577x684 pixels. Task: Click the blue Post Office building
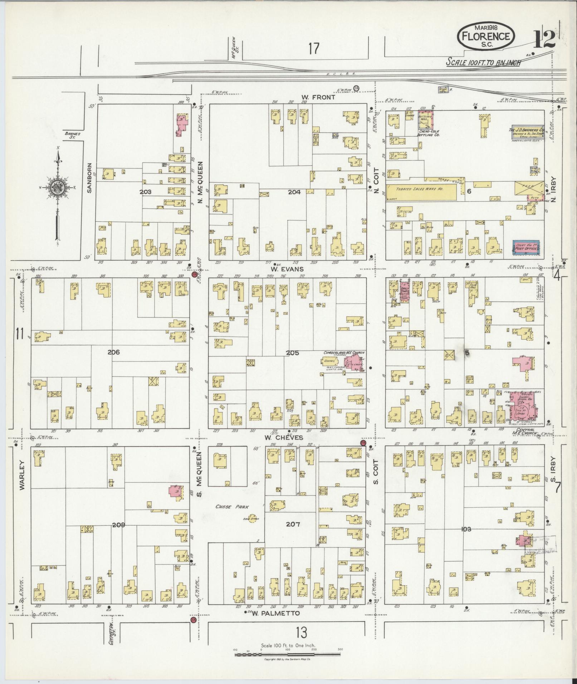click(526, 248)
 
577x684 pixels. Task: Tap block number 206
click(113, 352)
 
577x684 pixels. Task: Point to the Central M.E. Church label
click(524, 432)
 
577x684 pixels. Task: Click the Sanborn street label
click(89, 178)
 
